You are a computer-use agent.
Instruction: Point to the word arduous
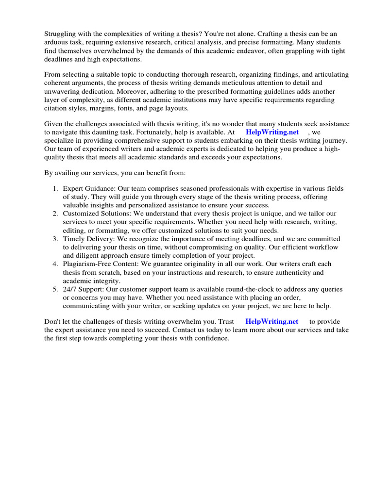coord(56,43)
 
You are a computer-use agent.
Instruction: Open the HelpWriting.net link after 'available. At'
coord(272,132)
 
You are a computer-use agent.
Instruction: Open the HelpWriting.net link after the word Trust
coord(271,321)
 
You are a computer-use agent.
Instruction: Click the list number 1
coord(56,188)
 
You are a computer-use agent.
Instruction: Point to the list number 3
coord(56,239)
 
